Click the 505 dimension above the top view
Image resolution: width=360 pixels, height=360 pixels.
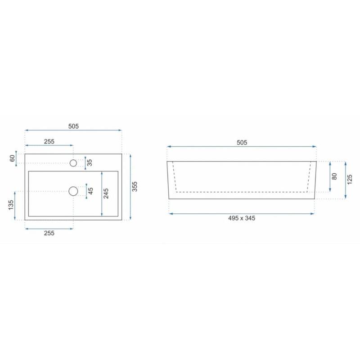(73, 126)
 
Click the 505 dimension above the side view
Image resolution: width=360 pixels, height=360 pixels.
(242, 143)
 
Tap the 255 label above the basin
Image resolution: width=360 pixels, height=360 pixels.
(49, 141)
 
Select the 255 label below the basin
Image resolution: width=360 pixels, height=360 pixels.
(49, 233)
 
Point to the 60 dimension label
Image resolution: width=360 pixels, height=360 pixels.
(13, 158)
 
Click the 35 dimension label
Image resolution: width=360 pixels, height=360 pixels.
(90, 162)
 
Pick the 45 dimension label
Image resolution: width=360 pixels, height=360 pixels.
(91, 191)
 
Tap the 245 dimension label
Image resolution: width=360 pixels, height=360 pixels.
(106, 193)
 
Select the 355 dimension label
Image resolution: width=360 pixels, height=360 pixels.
(135, 186)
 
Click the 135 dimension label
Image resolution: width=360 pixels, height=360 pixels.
(11, 205)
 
